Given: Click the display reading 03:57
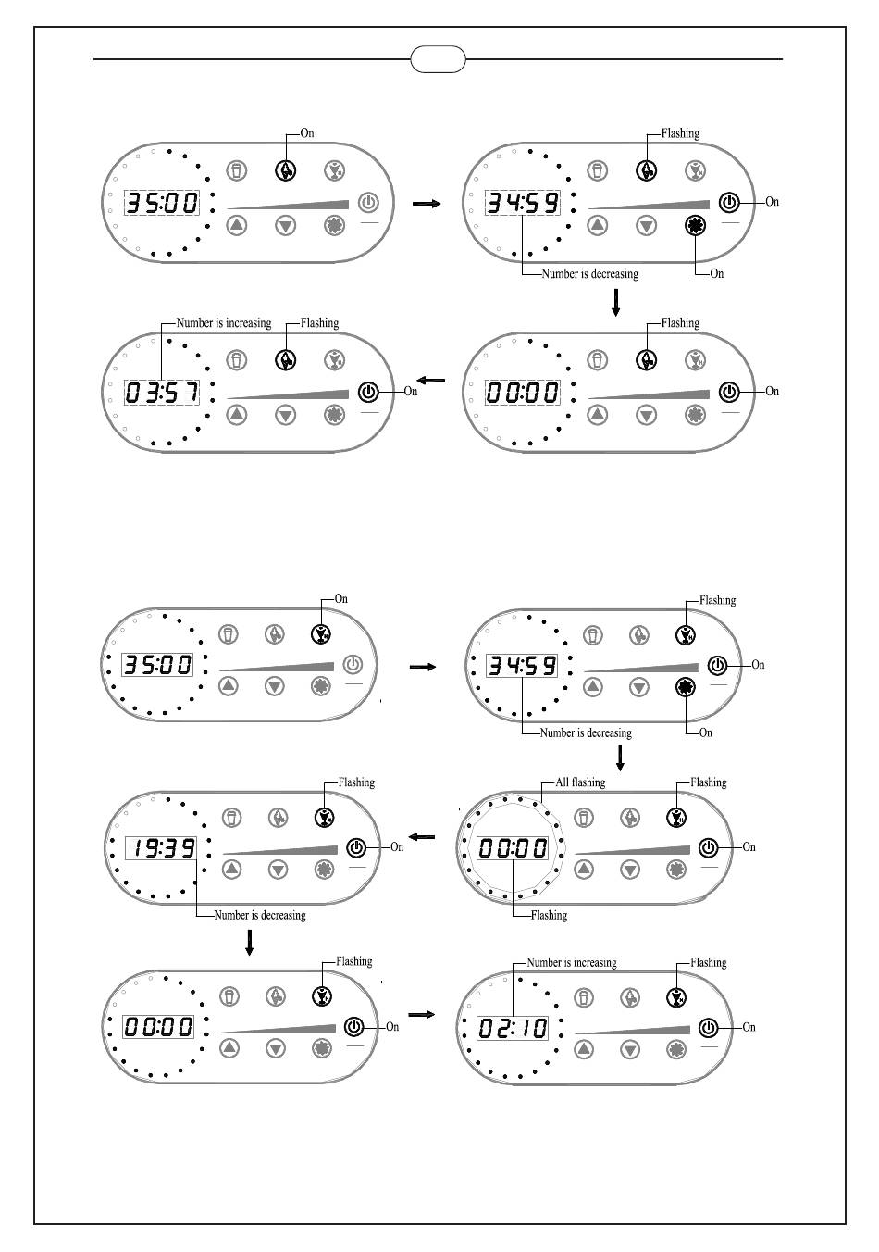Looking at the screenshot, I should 162,393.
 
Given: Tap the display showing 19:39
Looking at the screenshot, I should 160,847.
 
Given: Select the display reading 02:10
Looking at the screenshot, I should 512,1028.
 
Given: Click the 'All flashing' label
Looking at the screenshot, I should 580,782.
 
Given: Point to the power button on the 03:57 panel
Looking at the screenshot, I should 368,392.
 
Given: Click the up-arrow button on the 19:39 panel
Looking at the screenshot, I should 231,870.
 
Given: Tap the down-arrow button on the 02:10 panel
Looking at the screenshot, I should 630,1049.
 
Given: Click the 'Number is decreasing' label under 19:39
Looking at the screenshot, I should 259,915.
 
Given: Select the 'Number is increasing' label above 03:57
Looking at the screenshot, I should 224,323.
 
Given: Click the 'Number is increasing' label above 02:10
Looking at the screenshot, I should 571,962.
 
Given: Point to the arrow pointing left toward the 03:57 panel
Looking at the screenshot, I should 431,381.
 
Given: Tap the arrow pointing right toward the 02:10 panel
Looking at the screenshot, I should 421,1015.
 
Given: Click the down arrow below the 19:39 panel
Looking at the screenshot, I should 249,942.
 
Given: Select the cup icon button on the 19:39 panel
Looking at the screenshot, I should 232,818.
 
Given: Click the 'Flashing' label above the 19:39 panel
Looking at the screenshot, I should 356,782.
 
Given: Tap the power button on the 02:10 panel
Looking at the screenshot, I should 708,1028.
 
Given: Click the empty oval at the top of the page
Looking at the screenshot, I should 438,60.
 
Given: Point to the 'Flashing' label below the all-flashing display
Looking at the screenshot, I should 549,915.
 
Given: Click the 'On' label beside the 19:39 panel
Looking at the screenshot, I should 397,846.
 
